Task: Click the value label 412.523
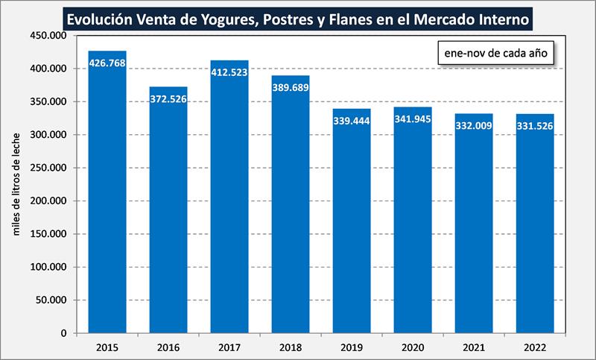pyautogui.click(x=230, y=73)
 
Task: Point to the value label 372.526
pyautogui.click(x=168, y=99)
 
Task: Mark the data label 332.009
pyautogui.click(x=475, y=125)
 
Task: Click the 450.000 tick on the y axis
pyautogui.click(x=50, y=36)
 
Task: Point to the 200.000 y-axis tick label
pyautogui.click(x=50, y=201)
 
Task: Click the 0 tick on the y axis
pyautogui.click(x=63, y=333)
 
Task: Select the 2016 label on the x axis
pyautogui.click(x=168, y=347)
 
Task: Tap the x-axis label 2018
pyautogui.click(x=291, y=347)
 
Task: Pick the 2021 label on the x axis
pyautogui.click(x=475, y=347)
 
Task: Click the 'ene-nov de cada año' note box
pyautogui.click(x=495, y=54)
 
